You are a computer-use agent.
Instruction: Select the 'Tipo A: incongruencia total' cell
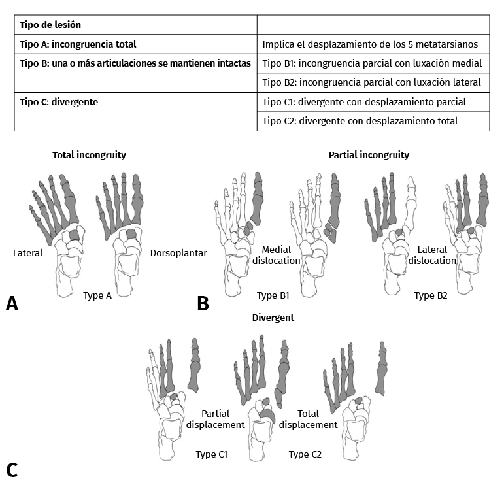pos(78,44)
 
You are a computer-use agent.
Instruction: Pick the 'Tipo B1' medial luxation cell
pos(372,63)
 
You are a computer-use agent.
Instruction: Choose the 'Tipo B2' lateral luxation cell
pos(371,82)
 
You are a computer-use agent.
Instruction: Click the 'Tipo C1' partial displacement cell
pos(364,102)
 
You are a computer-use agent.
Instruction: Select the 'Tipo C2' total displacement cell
pos(360,121)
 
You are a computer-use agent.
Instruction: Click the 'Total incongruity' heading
pos(89,155)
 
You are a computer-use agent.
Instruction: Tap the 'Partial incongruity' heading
pos(369,155)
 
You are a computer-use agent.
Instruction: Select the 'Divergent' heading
pos(273,318)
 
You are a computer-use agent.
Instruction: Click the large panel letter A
pos(12,303)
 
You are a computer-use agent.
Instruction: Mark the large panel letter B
pos(203,303)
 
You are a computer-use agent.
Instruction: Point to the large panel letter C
pos(12,470)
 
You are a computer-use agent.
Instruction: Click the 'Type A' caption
pos(98,295)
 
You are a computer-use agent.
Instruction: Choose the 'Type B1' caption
pos(273,295)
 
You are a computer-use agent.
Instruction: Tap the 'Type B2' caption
pos(431,295)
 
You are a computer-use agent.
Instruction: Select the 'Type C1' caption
pos(211,454)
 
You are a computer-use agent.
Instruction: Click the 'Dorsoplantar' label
pos(178,253)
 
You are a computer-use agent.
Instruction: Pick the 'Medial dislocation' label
pos(280,255)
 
